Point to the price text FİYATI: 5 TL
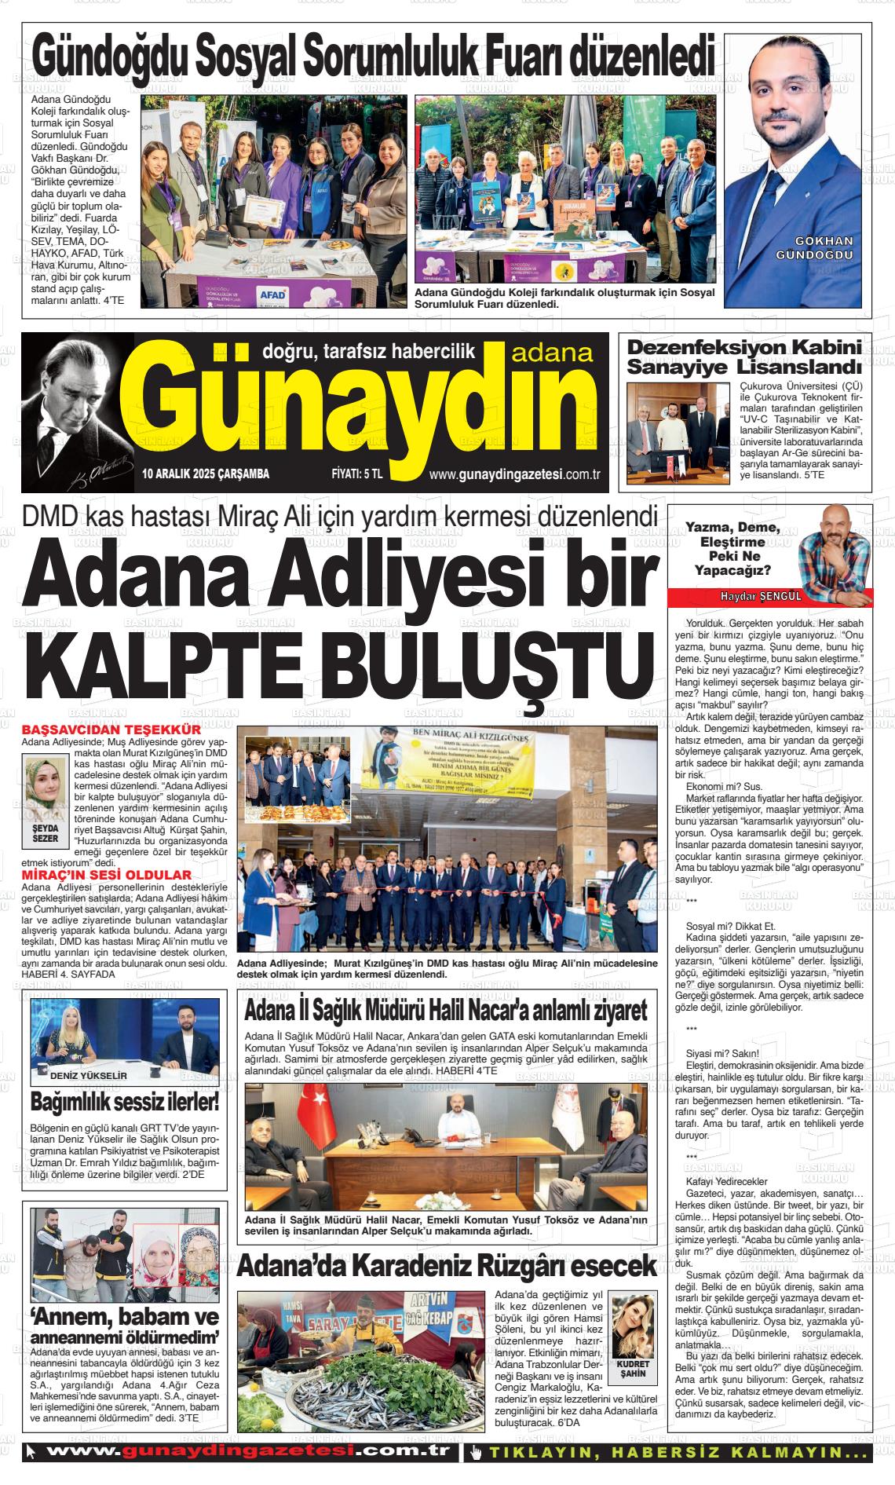[x=356, y=474]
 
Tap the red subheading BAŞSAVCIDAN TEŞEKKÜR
[x=111, y=729]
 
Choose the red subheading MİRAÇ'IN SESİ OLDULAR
[x=107, y=875]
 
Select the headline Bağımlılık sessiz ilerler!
[x=125, y=1103]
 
